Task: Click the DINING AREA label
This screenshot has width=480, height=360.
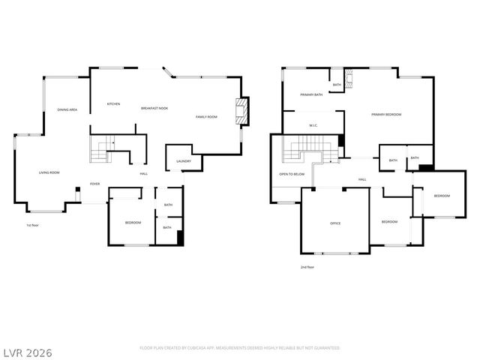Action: point(67,110)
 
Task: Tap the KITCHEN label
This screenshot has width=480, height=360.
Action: point(113,104)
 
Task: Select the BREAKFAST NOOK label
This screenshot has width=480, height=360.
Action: point(154,109)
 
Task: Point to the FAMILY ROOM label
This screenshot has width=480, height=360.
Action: point(206,117)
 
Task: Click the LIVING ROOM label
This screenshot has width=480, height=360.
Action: point(49,172)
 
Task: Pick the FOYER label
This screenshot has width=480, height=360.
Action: point(95,183)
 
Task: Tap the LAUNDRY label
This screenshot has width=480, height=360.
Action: point(184,161)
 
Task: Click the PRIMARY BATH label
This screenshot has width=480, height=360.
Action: point(311,95)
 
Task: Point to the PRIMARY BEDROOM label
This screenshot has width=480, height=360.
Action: point(386,115)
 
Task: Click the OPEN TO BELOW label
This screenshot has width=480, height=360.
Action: point(292,173)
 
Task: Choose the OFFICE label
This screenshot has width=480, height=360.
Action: point(335,223)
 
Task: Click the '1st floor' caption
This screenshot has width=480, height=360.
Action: point(33,225)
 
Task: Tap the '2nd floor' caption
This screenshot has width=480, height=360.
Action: point(307,266)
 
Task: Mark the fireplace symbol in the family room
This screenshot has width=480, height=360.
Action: point(241,111)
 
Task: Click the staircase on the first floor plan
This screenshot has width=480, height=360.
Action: point(100,149)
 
